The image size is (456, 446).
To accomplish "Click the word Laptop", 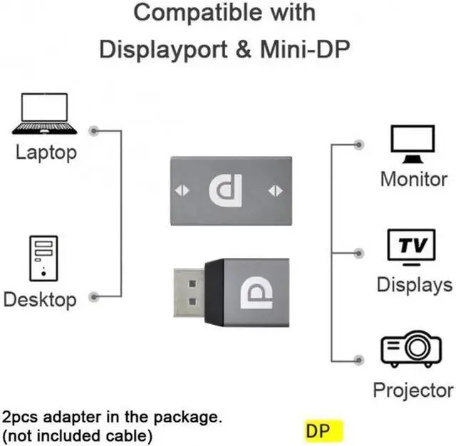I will pos(46,152).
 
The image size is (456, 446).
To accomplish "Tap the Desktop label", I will pos(40,299).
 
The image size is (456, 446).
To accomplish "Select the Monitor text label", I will pos(413,178).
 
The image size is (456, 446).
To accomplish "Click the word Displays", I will pos(414,284).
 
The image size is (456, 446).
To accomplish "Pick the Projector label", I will pos(413,390).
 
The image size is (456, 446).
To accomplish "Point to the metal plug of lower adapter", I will pos(188,294).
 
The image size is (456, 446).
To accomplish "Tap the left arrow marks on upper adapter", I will pos(183,190).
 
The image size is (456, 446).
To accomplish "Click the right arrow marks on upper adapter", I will pos(275,190).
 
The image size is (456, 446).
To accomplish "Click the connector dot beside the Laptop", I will pos(95,130).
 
